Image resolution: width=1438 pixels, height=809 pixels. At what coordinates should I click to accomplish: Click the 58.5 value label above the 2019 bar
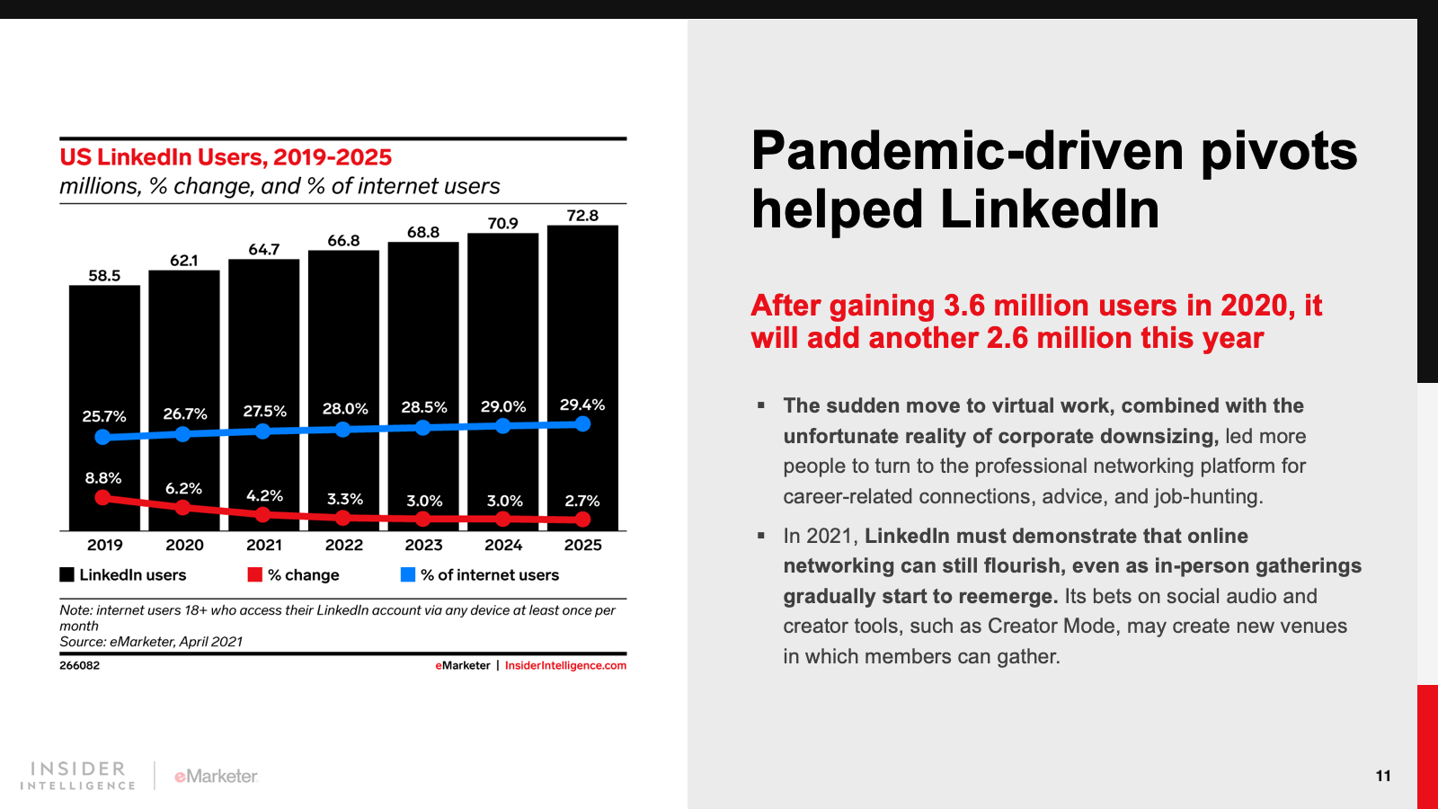(104, 276)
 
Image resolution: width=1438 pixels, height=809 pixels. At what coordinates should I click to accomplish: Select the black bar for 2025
(582, 315)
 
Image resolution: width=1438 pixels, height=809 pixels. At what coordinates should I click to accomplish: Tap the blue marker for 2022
(342, 430)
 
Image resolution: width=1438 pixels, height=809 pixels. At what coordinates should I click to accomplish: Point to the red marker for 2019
(103, 497)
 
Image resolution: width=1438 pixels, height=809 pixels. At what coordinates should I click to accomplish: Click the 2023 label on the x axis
(423, 545)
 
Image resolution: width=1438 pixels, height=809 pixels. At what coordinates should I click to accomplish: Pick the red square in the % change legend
(255, 574)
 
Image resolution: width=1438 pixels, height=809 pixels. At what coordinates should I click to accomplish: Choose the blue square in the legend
(408, 574)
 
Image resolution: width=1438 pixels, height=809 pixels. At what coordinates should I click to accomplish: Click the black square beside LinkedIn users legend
(67, 574)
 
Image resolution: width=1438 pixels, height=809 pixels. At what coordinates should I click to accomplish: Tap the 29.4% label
(582, 405)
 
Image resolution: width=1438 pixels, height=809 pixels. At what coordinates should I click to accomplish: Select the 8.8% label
(103, 478)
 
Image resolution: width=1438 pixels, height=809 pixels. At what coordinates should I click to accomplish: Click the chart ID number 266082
(80, 666)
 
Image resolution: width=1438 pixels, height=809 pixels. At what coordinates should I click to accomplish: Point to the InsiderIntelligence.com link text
(565, 666)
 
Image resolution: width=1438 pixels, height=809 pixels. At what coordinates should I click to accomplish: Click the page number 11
(1383, 776)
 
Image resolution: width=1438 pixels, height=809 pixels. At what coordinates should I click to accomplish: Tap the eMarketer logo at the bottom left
(217, 776)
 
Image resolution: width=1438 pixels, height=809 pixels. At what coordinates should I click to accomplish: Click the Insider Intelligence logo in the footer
(78, 776)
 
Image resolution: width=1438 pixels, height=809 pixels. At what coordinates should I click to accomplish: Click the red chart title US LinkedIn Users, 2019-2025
(226, 157)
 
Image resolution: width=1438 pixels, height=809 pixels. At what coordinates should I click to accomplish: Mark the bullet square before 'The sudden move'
(761, 405)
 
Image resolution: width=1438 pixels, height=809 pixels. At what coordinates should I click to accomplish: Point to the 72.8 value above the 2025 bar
(582, 216)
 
